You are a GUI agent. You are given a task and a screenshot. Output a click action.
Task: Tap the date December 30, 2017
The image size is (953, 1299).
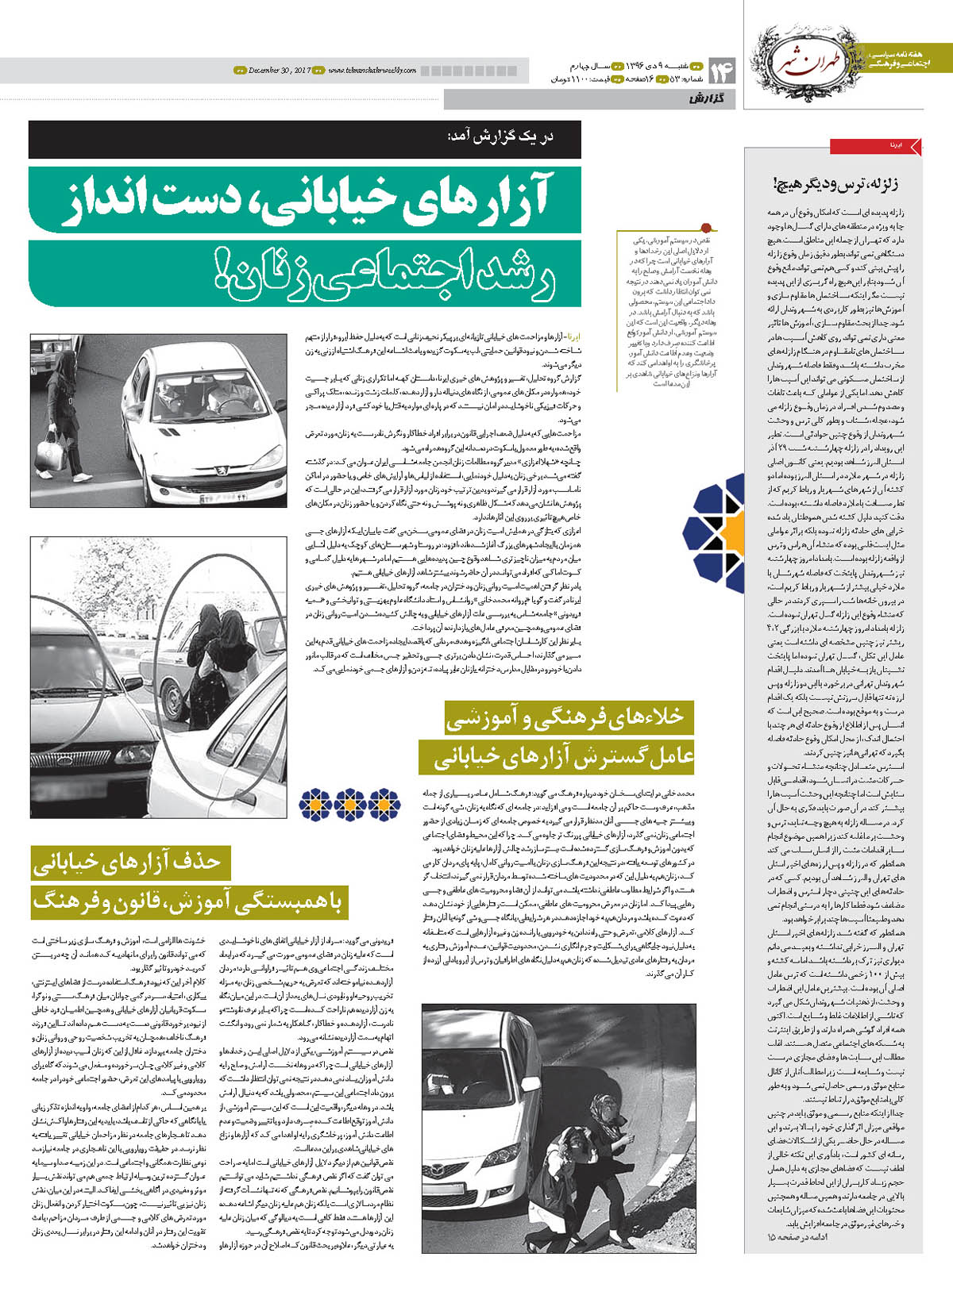coord(279,71)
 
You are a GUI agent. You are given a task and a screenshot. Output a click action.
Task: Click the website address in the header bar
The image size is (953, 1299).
coord(372,71)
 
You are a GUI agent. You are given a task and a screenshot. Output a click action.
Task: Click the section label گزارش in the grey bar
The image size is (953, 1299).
coord(707,99)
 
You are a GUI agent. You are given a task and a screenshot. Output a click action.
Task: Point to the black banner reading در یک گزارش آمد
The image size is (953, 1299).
coord(304,139)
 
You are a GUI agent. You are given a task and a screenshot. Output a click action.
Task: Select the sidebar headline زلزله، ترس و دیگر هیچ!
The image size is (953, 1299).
coord(835,184)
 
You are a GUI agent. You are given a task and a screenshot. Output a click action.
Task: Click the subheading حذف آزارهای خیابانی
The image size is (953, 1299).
coord(127,861)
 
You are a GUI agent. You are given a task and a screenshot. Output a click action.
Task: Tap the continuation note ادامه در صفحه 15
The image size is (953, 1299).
coord(797,1237)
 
